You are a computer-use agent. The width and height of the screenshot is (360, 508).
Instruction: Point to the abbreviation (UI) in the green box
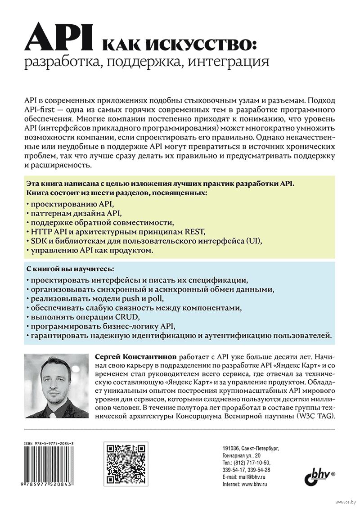click(253, 241)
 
